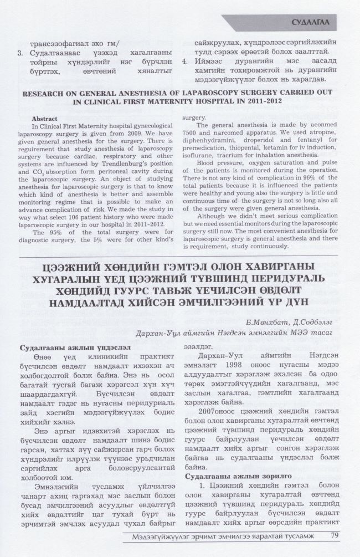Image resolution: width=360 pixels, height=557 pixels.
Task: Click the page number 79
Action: (335, 535)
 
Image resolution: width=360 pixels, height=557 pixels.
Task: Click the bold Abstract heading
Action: (45, 119)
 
